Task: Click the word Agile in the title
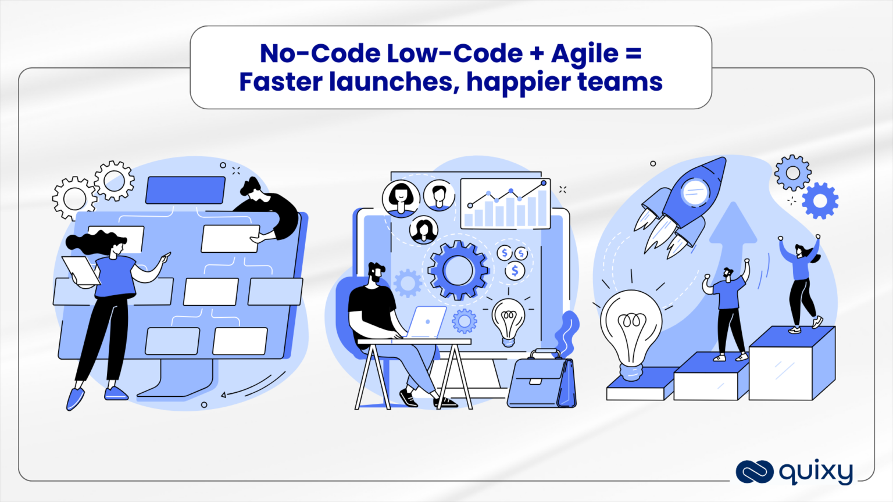point(584,55)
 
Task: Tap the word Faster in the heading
point(280,82)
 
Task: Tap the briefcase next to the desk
point(541,381)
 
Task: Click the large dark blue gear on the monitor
point(458,270)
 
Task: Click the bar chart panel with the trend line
point(505,203)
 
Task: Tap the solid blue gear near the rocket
point(820,201)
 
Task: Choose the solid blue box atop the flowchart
point(185,190)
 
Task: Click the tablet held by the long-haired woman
point(81,271)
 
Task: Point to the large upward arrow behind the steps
point(733,244)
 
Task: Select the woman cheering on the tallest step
point(802,285)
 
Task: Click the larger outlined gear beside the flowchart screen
point(74,198)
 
